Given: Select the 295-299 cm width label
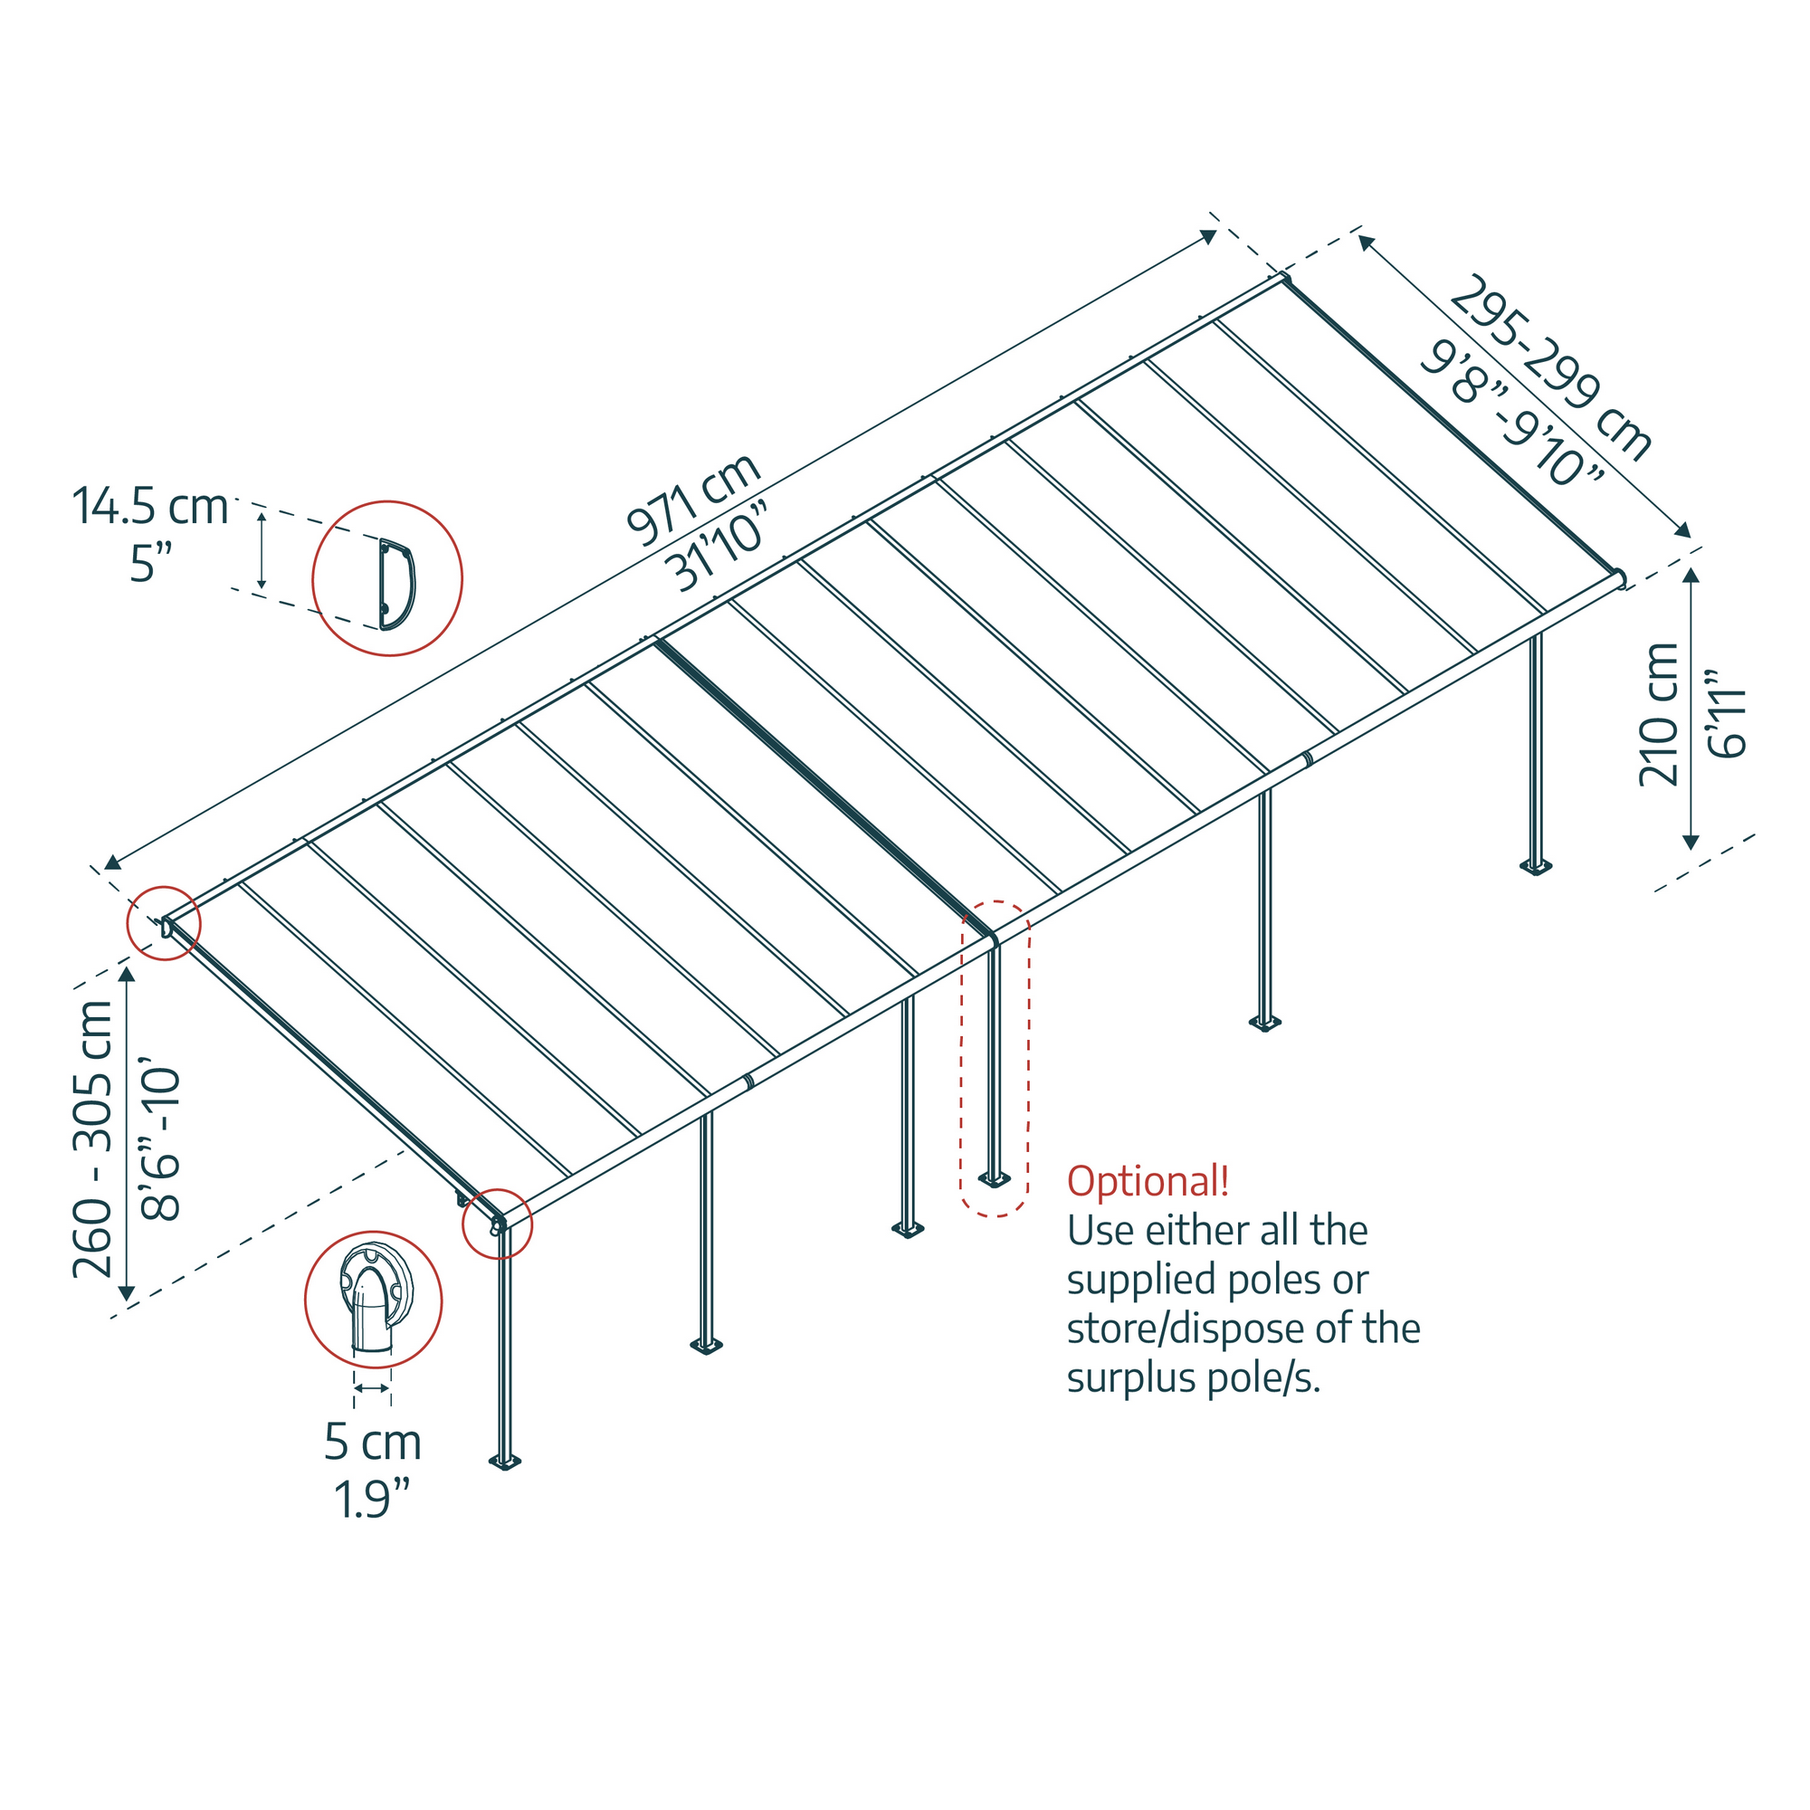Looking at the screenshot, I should [1550, 367].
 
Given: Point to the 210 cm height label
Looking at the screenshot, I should [1658, 714].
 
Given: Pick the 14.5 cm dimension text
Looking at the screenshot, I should [150, 507].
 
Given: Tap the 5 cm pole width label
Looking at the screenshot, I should [373, 1442].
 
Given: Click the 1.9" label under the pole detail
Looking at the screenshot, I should [373, 1499].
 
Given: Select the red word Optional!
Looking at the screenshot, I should [1148, 1181].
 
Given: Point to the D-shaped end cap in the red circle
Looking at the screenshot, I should [396, 584].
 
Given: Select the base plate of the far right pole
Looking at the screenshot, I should [1536, 867].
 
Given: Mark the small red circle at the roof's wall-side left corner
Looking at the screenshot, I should [164, 923].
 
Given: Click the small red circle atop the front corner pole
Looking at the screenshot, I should [498, 1224].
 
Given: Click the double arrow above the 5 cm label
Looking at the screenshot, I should [372, 1388].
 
